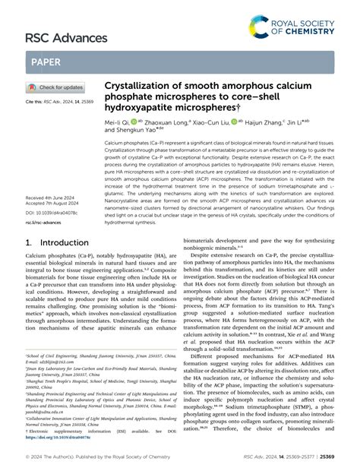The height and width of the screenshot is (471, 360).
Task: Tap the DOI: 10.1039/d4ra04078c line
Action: [55, 213]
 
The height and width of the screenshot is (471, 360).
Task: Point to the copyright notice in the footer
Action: [90, 458]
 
